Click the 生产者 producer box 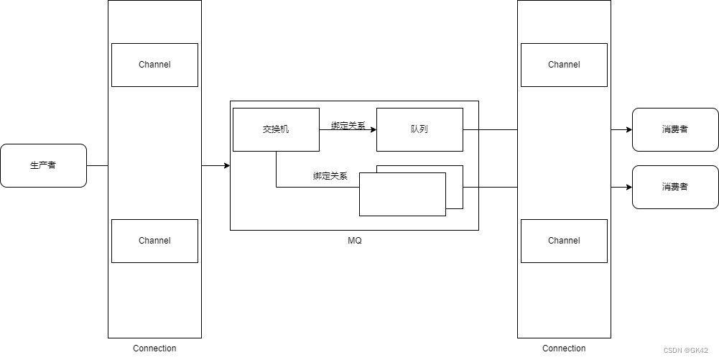click(43, 165)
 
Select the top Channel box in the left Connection click(154, 65)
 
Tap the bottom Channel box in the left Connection click(154, 241)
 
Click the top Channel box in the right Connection click(564, 65)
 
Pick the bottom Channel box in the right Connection click(564, 241)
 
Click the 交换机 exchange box click(276, 129)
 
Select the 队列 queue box click(419, 129)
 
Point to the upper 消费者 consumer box click(674, 129)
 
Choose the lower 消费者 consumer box click(674, 187)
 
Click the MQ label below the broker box click(354, 241)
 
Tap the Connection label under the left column click(154, 349)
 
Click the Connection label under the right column click(564, 349)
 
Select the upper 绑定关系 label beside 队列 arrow click(348, 126)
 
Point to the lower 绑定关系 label click(330, 176)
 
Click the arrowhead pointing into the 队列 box click(373, 130)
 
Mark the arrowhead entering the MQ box click(226, 166)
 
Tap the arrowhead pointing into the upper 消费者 click(628, 130)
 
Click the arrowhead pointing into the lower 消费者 click(628, 188)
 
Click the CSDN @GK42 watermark click(685, 351)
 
